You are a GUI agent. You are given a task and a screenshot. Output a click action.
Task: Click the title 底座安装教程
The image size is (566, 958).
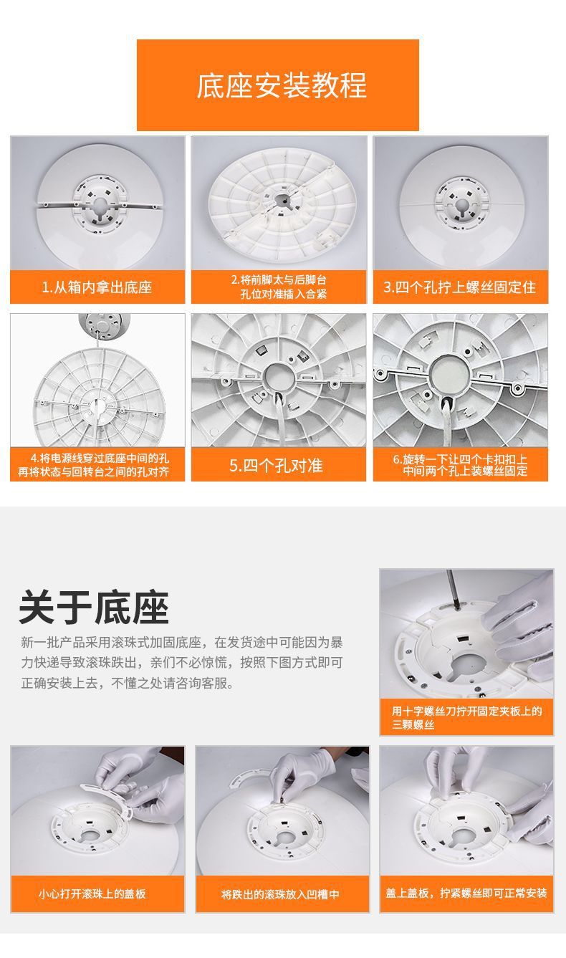tap(282, 85)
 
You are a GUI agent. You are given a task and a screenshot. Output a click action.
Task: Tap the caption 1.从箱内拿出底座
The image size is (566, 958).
tap(97, 288)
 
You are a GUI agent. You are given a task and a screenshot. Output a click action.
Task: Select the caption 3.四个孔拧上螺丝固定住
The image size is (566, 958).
tap(460, 288)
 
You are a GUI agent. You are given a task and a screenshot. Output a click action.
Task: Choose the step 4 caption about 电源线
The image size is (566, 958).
tap(97, 466)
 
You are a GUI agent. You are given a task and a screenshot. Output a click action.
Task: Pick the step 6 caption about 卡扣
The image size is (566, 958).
tap(460, 465)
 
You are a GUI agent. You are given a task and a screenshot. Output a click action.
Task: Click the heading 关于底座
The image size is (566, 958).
tap(94, 608)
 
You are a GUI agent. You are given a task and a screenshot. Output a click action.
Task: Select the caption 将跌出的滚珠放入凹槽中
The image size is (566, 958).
tap(281, 894)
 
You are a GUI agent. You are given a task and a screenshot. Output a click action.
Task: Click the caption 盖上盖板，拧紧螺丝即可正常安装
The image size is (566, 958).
tap(466, 894)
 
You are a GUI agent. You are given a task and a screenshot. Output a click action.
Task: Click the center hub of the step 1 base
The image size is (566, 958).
tap(97, 203)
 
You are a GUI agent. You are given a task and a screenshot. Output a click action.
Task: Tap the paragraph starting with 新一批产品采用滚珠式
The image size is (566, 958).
tap(182, 662)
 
